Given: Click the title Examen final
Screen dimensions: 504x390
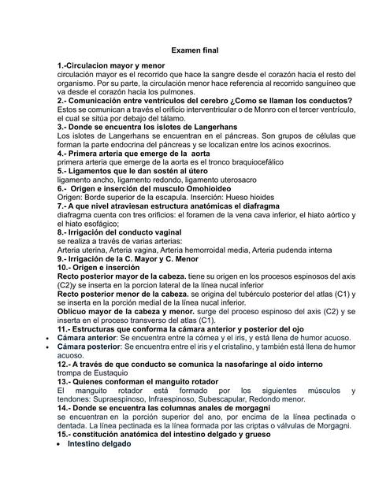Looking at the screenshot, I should click(x=195, y=49).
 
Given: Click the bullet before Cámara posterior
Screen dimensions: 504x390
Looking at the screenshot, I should click(x=48, y=346).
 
